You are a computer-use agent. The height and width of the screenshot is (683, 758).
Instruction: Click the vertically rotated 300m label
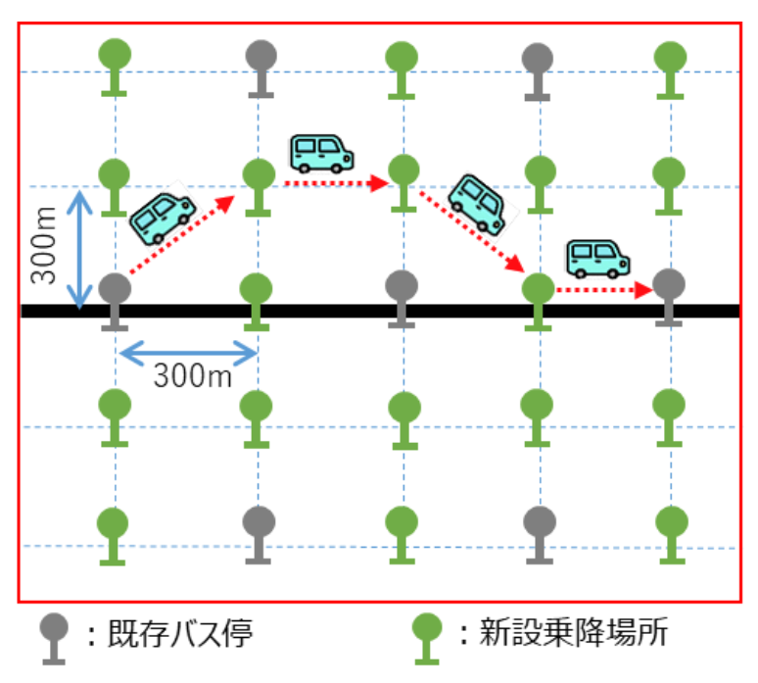(x=43, y=249)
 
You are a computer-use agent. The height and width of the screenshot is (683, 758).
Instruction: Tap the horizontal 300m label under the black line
(x=193, y=374)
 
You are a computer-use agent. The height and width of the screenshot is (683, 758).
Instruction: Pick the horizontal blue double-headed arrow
(x=187, y=349)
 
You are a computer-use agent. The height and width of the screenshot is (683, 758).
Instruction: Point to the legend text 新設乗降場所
(x=572, y=635)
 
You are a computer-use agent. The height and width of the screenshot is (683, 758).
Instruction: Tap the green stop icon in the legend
(x=428, y=637)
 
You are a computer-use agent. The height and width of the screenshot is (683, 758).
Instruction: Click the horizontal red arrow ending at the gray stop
(x=603, y=290)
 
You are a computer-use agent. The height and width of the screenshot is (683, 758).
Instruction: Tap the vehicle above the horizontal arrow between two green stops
(x=321, y=153)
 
